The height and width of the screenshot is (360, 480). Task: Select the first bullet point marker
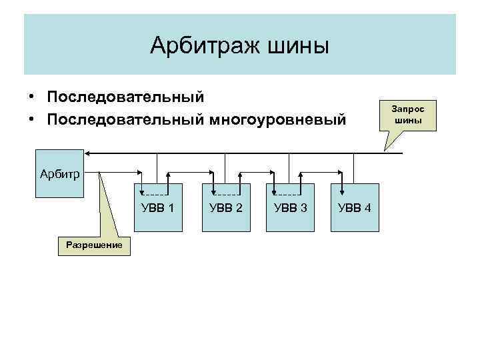pyautogui.click(x=31, y=98)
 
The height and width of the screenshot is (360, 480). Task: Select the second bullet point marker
pyautogui.click(x=31, y=120)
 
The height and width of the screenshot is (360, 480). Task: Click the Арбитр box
pyautogui.click(x=59, y=175)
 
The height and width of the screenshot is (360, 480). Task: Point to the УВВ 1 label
pyautogui.click(x=158, y=208)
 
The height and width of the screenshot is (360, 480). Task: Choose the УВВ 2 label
pyautogui.click(x=225, y=208)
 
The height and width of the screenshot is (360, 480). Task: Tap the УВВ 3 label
pyautogui.click(x=291, y=208)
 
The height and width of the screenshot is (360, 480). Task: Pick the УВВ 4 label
pyautogui.click(x=355, y=208)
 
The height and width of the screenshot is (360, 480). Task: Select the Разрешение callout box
pyautogui.click(x=94, y=245)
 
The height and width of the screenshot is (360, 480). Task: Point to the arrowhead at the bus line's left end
pyautogui.click(x=89, y=154)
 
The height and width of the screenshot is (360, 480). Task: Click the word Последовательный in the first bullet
pyautogui.click(x=125, y=97)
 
